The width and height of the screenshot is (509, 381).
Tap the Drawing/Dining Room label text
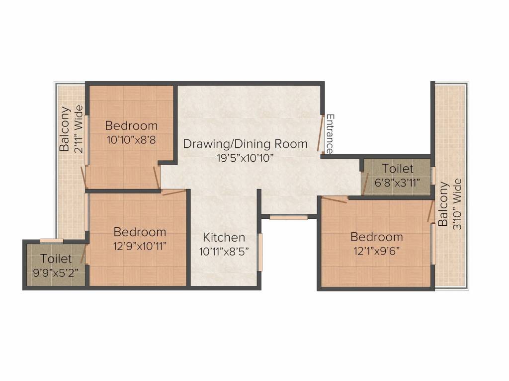click(245, 144)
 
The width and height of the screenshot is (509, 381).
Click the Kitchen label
click(224, 238)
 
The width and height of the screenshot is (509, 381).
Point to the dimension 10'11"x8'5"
click(224, 252)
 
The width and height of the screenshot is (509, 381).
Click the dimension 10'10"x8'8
click(131, 140)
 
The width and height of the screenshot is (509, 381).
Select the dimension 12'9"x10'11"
click(140, 245)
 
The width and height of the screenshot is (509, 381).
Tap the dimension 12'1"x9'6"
click(376, 250)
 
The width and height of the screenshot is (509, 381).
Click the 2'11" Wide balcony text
click(78, 128)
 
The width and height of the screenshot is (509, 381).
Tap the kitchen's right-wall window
click(259, 252)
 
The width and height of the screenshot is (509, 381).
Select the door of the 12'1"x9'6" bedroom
click(335, 199)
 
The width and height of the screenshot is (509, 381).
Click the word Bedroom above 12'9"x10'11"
click(140, 232)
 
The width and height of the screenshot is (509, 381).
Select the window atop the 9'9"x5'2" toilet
click(52, 241)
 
